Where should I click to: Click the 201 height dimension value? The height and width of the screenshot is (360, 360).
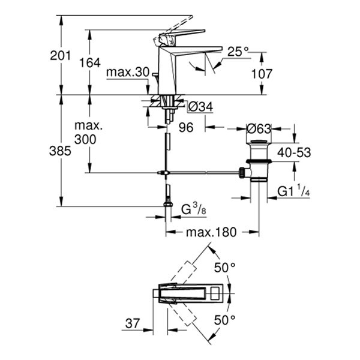[x=61, y=56]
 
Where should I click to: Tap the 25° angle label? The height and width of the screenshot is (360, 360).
[x=238, y=52]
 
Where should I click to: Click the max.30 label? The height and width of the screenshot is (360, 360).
[x=127, y=72]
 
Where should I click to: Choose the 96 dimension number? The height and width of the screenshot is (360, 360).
[x=185, y=127]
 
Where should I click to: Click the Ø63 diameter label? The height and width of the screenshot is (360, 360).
[x=259, y=128]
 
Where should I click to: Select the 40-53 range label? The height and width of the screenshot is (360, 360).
[x=294, y=152]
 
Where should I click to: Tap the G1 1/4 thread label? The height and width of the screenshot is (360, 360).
[x=293, y=192]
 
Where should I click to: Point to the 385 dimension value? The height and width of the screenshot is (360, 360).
[x=61, y=151]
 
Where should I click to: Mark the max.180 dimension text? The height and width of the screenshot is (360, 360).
[x=211, y=232]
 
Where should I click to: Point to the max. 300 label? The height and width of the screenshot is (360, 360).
[x=89, y=133]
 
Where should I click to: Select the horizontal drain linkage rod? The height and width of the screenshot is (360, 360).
[x=204, y=173]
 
